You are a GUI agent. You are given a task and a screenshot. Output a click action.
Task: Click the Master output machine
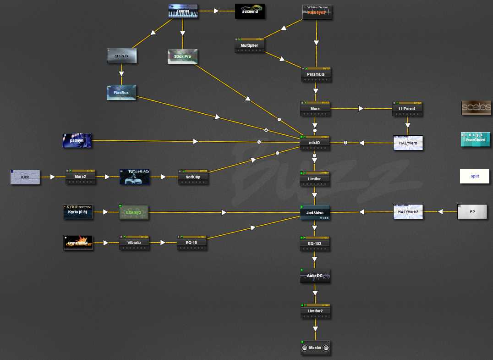click(315, 348)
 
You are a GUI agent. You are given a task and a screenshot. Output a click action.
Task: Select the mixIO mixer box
click(315, 143)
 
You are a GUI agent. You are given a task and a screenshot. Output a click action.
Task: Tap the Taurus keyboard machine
click(183, 11)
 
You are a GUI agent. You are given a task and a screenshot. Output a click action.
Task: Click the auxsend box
click(250, 11)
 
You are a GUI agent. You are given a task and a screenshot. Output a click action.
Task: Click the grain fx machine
click(121, 56)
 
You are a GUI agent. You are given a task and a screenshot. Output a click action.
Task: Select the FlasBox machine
click(121, 92)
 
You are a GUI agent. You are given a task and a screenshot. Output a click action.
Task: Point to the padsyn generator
click(77, 140)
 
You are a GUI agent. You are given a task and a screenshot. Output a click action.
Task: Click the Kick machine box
click(25, 177)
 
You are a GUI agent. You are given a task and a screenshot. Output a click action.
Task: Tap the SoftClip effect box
click(193, 177)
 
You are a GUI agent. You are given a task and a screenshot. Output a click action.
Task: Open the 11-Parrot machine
click(407, 109)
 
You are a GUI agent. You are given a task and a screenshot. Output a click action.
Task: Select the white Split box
click(475, 176)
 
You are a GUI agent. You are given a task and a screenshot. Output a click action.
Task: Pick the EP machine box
click(472, 212)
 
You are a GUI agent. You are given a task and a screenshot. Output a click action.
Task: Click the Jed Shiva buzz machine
click(315, 213)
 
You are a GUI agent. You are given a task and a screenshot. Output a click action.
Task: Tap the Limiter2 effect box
click(315, 311)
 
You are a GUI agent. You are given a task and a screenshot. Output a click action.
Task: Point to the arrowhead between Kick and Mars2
click(53, 177)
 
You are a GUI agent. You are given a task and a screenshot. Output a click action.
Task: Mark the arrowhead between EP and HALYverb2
click(441, 212)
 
